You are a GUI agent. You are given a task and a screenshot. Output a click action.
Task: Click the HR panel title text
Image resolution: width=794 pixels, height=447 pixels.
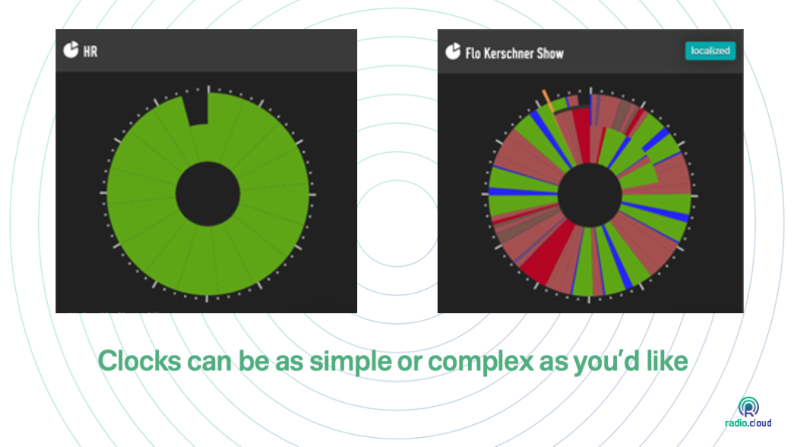(90, 52)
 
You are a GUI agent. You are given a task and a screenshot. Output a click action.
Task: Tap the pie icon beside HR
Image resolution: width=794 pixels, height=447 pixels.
(71, 49)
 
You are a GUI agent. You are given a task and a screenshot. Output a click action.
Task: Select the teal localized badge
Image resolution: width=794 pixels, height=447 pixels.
(710, 51)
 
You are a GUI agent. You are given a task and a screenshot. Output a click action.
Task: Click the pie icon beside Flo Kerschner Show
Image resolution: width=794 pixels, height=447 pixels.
(453, 51)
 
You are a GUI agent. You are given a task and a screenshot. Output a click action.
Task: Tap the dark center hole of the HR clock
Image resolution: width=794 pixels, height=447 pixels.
(207, 194)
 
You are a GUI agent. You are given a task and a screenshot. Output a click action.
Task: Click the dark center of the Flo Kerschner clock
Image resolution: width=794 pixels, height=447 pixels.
(590, 195)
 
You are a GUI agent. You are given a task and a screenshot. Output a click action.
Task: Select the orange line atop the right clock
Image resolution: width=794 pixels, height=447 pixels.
(548, 101)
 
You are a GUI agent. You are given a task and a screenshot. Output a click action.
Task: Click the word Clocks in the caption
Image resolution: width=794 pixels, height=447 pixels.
(139, 361)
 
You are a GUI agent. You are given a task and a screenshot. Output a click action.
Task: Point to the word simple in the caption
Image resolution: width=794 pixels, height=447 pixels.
(350, 362)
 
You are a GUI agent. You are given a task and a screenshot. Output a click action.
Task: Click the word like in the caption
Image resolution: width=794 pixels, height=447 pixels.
(667, 360)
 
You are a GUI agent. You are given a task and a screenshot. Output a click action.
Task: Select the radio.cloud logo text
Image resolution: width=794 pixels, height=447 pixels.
(748, 423)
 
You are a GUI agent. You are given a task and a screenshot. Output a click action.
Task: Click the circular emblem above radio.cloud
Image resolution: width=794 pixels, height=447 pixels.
(748, 407)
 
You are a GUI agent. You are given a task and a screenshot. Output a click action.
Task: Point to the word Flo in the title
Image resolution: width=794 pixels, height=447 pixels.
(473, 53)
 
